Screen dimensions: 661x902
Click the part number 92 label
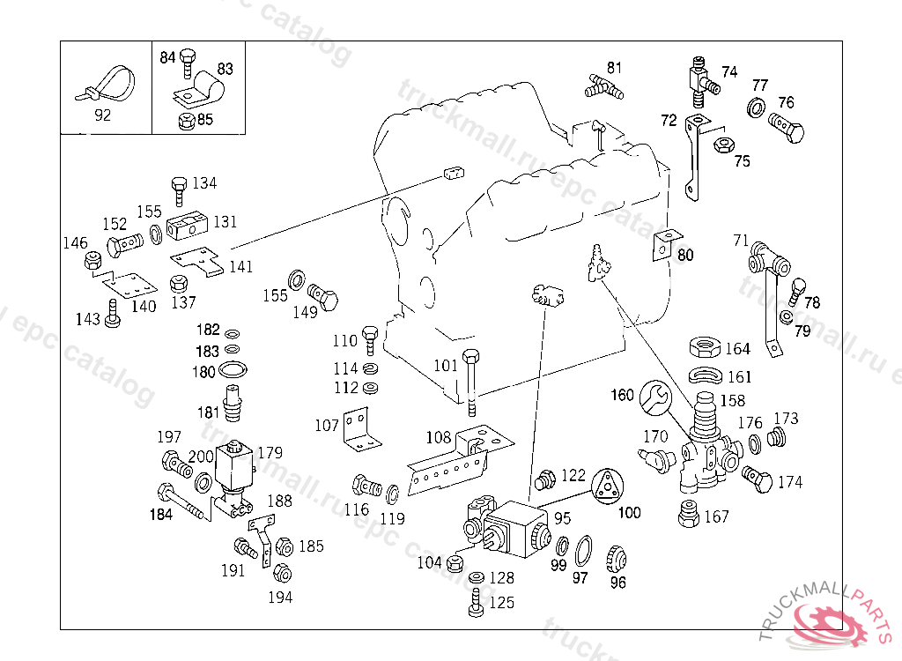(x=102, y=115)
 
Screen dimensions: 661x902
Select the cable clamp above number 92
(x=110, y=83)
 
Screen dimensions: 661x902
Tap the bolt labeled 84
(x=186, y=63)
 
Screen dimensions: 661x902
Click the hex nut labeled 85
(x=186, y=121)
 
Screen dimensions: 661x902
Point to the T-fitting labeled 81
(x=603, y=85)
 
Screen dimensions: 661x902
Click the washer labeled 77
(x=756, y=108)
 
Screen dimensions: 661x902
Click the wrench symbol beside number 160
(x=654, y=397)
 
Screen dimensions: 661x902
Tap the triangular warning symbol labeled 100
(x=605, y=486)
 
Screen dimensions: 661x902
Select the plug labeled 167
(x=689, y=514)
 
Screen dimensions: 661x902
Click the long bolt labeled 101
(x=470, y=379)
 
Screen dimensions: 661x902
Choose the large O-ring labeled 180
(x=233, y=369)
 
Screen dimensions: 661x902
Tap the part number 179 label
(x=270, y=453)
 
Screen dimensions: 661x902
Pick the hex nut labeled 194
(x=282, y=573)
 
